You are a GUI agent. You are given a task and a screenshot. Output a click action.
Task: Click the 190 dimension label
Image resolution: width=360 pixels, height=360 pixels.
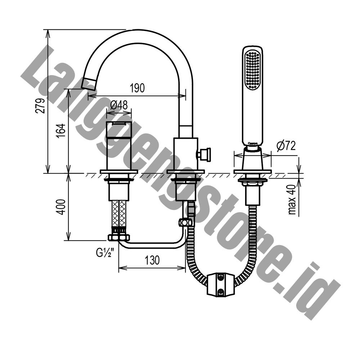[x=137, y=88]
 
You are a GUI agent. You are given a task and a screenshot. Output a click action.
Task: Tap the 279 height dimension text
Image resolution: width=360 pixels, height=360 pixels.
[x=40, y=106]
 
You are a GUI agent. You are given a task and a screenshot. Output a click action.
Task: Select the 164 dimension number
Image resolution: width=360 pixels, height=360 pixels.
[x=61, y=131]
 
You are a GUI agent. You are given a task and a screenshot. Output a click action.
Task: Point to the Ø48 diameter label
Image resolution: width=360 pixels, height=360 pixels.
[x=119, y=105]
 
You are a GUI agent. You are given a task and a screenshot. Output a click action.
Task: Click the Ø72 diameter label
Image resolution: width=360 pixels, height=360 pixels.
[x=286, y=145]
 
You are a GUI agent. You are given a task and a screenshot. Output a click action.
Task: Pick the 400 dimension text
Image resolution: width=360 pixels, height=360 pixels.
[x=61, y=207]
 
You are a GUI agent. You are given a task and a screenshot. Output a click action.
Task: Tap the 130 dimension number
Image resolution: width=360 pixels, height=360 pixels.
[x=152, y=260]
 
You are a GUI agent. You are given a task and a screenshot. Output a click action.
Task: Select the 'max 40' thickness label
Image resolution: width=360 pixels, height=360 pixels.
[x=292, y=199]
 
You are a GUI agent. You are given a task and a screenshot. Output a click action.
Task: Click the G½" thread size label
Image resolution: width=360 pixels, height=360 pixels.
[x=104, y=253]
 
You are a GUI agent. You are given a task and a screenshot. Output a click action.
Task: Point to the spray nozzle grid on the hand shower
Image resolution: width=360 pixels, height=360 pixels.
[x=253, y=70]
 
